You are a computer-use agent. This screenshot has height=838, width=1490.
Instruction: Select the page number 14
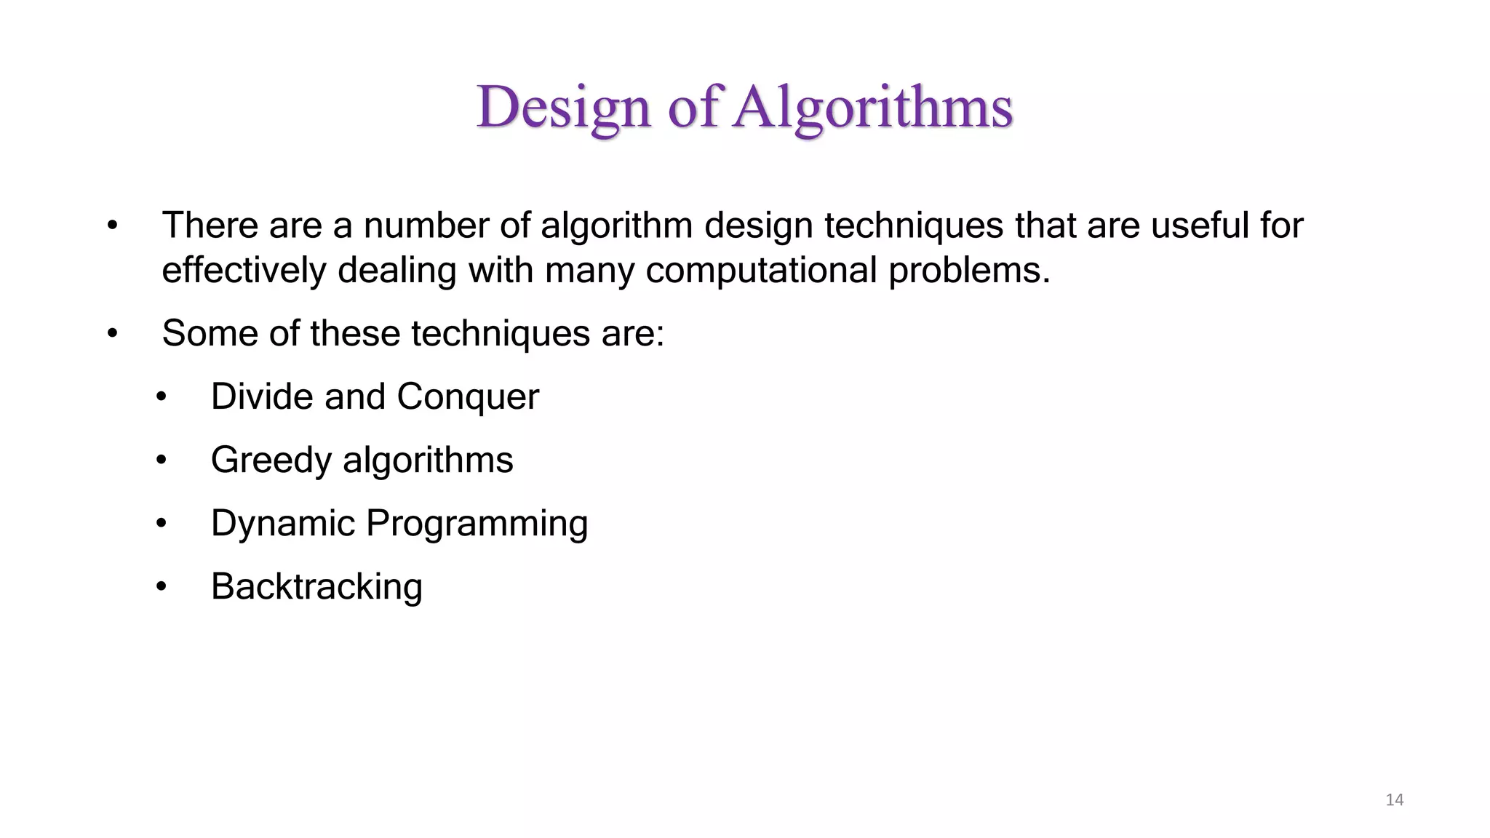coord(1394,800)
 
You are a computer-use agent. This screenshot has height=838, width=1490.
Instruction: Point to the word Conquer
coord(468,397)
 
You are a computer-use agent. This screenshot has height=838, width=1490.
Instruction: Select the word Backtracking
coord(316,587)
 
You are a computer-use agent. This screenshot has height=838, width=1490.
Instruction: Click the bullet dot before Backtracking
coord(162,587)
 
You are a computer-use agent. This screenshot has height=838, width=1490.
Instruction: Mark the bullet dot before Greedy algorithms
coord(162,460)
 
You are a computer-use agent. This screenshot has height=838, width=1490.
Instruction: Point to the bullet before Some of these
coord(112,334)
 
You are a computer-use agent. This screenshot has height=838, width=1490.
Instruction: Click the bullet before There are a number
coord(112,226)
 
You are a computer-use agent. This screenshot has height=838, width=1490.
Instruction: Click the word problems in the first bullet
coord(969,271)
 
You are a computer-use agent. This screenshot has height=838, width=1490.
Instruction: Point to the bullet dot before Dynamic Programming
coord(162,524)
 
